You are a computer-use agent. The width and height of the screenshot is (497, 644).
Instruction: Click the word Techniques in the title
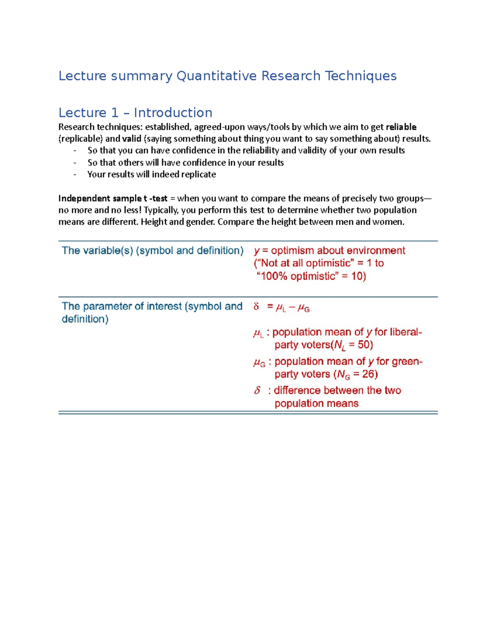360,76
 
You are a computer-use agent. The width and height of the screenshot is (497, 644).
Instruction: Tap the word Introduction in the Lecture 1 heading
173,113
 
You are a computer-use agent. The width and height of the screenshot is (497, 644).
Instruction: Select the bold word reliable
401,127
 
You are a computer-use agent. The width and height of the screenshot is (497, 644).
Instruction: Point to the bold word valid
131,139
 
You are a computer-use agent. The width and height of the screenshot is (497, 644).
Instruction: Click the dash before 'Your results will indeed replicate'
75,175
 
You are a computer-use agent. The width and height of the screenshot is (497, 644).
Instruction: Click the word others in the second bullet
130,163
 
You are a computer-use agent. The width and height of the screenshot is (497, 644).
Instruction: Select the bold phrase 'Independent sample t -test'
113,198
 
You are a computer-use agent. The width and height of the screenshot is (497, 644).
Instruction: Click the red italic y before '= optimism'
257,251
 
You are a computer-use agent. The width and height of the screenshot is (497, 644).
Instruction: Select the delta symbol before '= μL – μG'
256,307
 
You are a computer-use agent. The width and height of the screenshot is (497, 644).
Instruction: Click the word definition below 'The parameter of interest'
84,319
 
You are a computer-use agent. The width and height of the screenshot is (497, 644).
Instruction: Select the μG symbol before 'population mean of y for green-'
259,362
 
